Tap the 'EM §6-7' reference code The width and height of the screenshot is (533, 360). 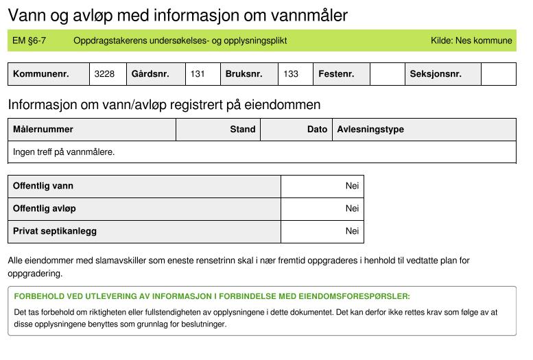(x=29, y=40)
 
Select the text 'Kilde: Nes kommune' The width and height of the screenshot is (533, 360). (x=471, y=40)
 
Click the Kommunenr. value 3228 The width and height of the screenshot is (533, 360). (x=104, y=74)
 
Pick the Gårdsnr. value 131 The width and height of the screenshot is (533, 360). (x=198, y=74)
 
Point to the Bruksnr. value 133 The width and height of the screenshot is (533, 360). (x=291, y=74)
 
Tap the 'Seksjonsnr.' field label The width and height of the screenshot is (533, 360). (x=436, y=74)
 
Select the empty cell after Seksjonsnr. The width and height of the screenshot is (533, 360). (x=498, y=74)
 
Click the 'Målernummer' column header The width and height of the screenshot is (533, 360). (x=43, y=129)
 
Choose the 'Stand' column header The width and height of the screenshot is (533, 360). (x=243, y=129)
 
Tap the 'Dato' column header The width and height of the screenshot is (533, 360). (x=317, y=129)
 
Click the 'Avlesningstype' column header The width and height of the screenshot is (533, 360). (x=370, y=129)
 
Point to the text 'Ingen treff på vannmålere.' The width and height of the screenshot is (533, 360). (x=64, y=152)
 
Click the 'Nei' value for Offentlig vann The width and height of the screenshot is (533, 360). (x=352, y=186)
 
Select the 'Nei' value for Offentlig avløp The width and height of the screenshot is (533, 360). (x=352, y=208)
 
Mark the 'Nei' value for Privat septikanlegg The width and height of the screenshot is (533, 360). (x=352, y=231)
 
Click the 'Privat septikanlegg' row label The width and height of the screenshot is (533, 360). (x=55, y=231)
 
